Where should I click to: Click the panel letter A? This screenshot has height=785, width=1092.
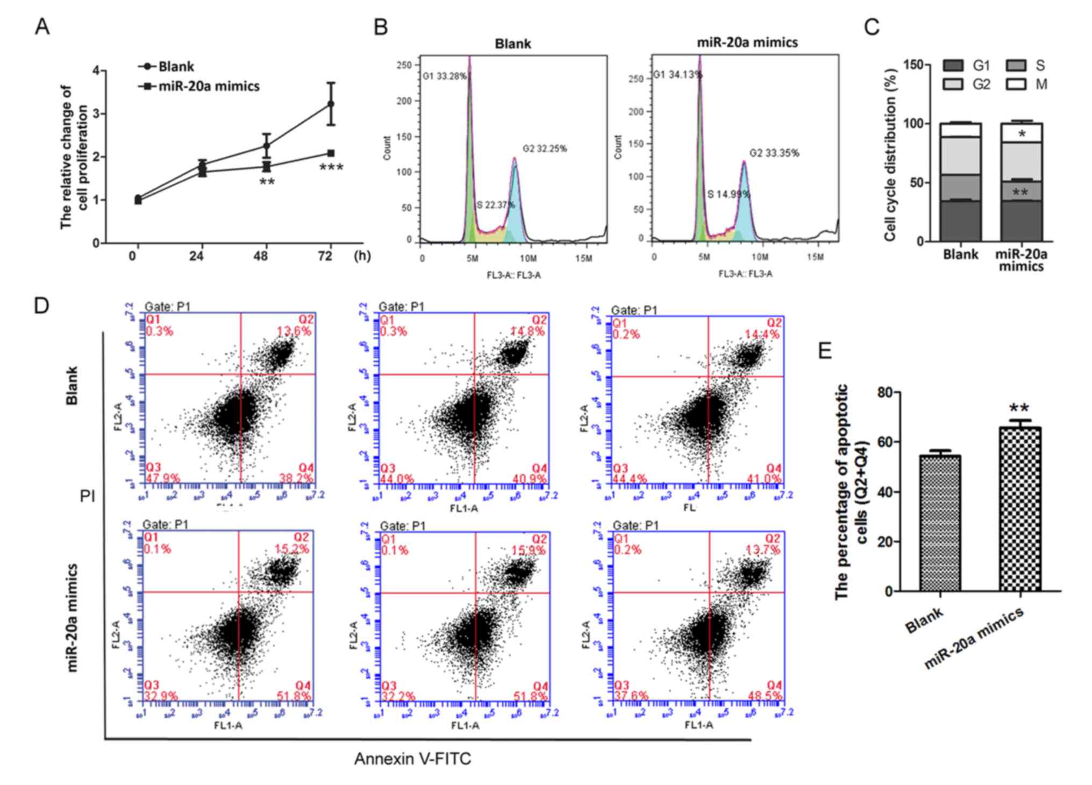[42, 26]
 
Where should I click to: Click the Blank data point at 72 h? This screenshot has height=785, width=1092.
[331, 103]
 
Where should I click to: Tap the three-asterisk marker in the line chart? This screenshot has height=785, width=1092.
[331, 168]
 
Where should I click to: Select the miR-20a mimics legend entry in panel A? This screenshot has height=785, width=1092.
[208, 86]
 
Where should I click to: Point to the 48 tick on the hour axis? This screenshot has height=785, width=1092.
[261, 256]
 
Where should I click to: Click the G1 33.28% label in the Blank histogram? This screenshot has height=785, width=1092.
[445, 76]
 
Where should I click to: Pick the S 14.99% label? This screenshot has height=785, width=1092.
[729, 194]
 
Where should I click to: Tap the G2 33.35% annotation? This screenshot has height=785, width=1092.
[774, 153]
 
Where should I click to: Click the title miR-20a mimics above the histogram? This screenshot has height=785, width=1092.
[747, 43]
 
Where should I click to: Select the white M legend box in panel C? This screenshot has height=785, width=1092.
[1015, 84]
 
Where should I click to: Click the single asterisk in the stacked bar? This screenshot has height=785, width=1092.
[1022, 133]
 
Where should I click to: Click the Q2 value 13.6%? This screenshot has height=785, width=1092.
[294, 331]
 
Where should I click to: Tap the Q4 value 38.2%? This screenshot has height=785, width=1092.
[296, 478]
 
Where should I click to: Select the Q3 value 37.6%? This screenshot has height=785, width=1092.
[630, 696]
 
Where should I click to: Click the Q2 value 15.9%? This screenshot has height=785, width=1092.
[529, 550]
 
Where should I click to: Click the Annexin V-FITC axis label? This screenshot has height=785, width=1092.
[412, 759]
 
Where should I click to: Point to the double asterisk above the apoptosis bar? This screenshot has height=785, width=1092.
[1019, 409]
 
